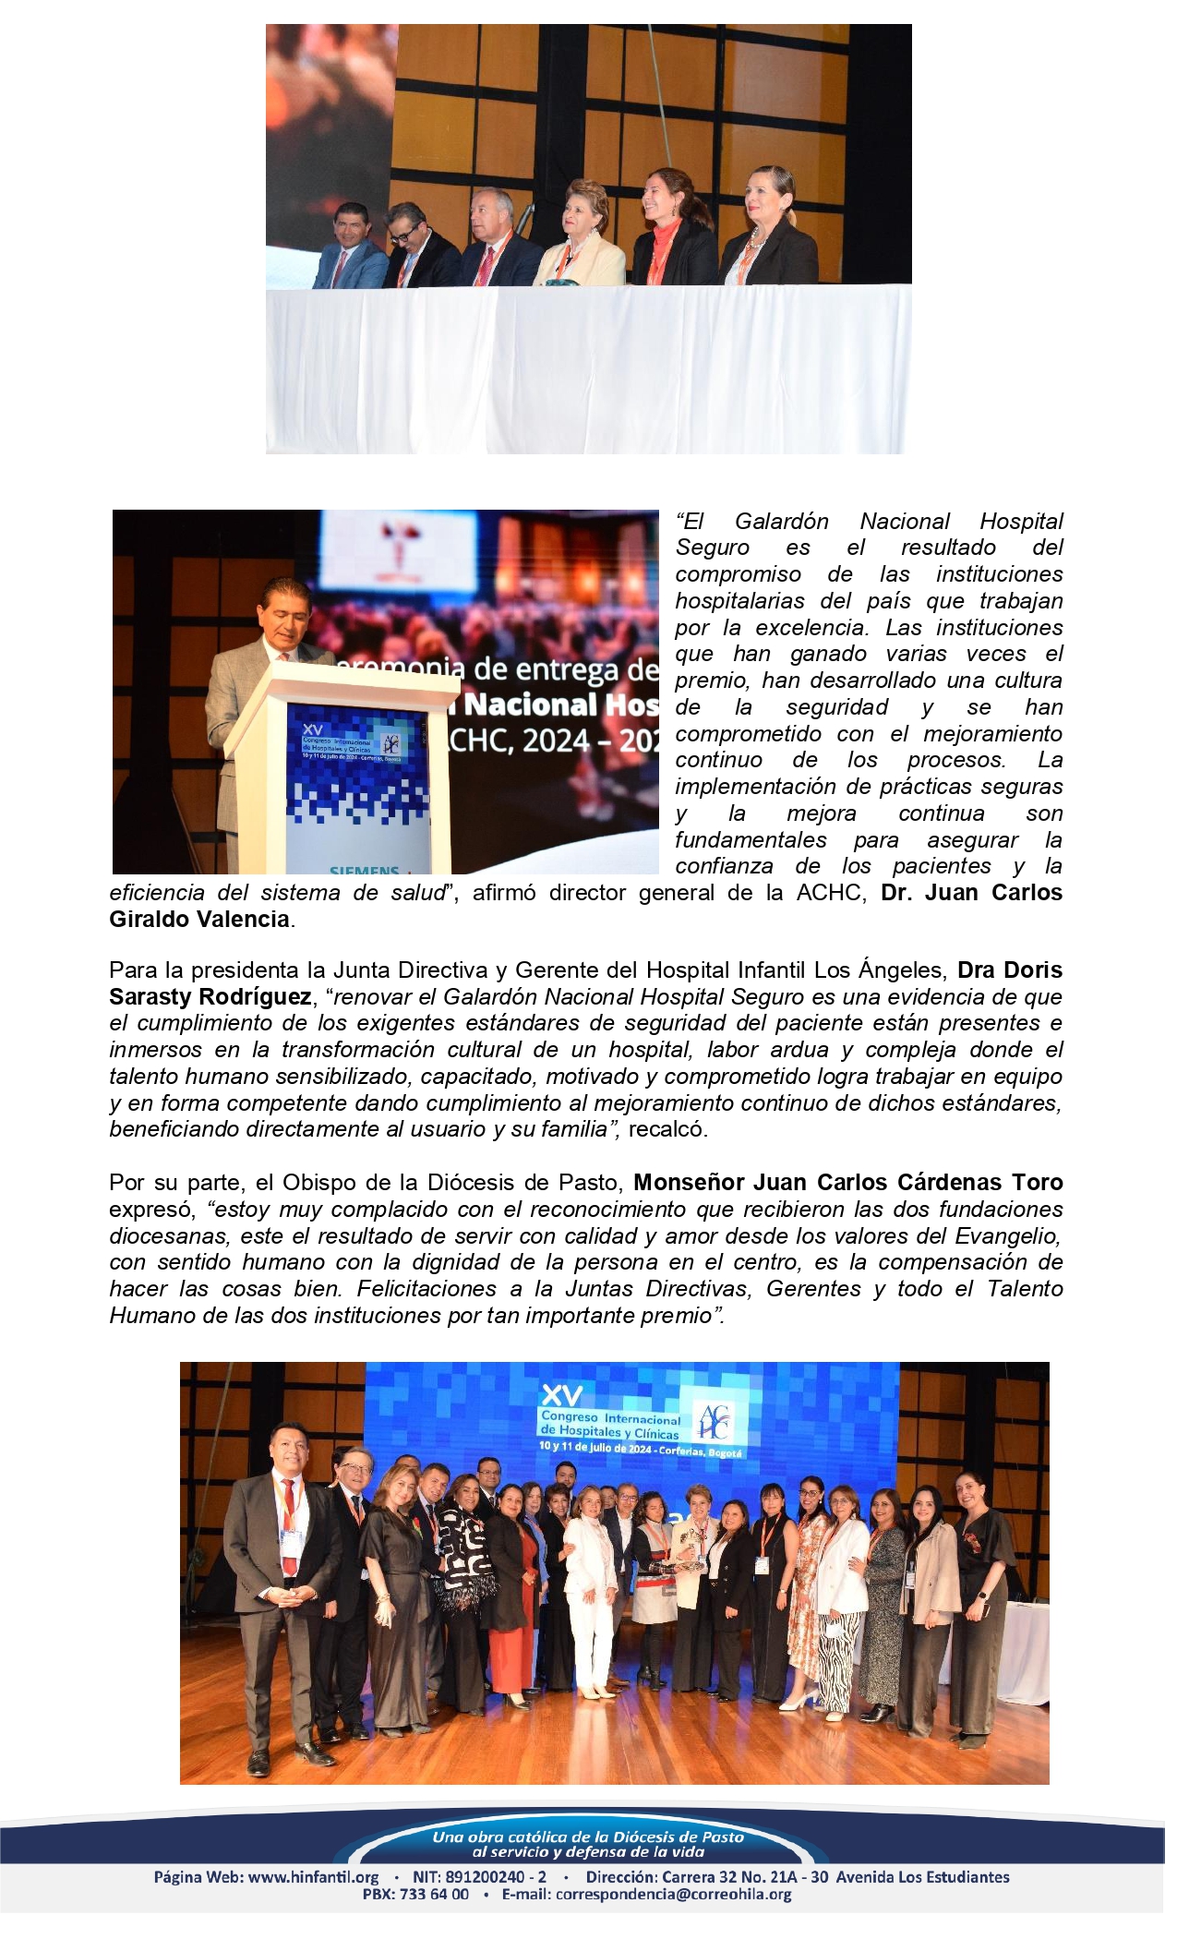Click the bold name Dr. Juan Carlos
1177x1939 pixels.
pyautogui.click(x=971, y=893)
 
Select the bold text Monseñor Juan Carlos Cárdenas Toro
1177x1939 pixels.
pyautogui.click(x=847, y=1183)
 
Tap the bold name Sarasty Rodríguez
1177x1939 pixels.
pyautogui.click(x=210, y=997)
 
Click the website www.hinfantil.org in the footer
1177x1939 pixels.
pyautogui.click(x=314, y=1877)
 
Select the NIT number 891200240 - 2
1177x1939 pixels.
pyautogui.click(x=499, y=1877)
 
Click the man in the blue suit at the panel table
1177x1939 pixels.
pyautogui.click(x=350, y=249)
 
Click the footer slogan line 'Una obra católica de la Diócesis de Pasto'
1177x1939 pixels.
pyautogui.click(x=588, y=1837)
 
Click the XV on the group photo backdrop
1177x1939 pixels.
pyautogui.click(x=561, y=1393)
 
